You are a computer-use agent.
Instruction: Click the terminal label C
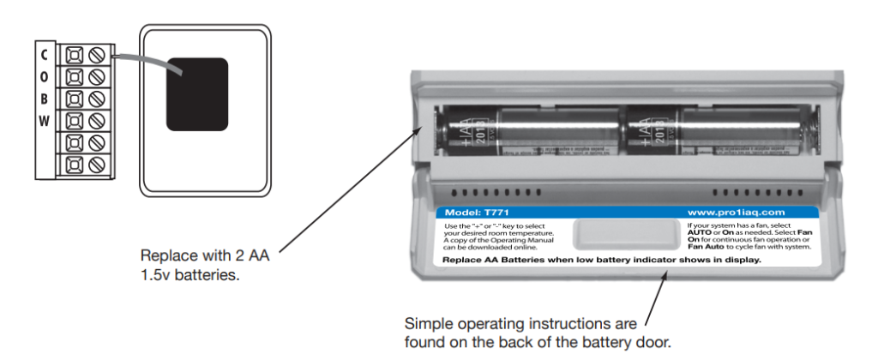[44, 54]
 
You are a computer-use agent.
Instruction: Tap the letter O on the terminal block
[44, 75]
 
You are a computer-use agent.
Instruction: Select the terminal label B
[44, 98]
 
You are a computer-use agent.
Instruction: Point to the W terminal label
[44, 120]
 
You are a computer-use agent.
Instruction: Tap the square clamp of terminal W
[73, 121]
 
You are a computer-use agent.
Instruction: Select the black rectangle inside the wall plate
[196, 94]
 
